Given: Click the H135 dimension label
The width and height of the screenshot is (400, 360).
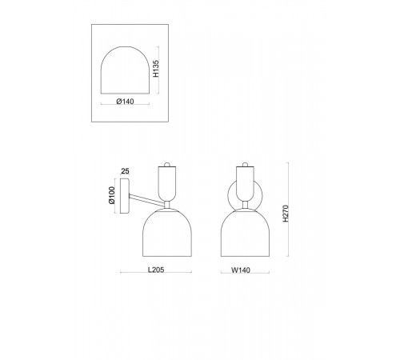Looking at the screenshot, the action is point(156,69).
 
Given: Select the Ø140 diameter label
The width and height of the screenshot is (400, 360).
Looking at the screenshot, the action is point(125,102).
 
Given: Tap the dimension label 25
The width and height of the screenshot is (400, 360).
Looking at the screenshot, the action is point(125,171).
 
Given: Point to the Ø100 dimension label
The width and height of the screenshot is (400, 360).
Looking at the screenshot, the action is point(112,195).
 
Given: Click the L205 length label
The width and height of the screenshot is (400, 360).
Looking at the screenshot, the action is point(156,270).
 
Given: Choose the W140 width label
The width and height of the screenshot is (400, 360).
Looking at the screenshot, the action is point(241,270).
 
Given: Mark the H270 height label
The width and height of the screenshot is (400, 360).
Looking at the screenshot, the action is point(286,214).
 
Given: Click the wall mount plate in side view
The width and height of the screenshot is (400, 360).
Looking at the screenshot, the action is point(125,196).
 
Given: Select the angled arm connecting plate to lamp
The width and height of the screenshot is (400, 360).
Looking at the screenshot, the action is point(146,200).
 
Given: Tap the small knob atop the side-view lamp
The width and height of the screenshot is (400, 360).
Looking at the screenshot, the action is point(167,164).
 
